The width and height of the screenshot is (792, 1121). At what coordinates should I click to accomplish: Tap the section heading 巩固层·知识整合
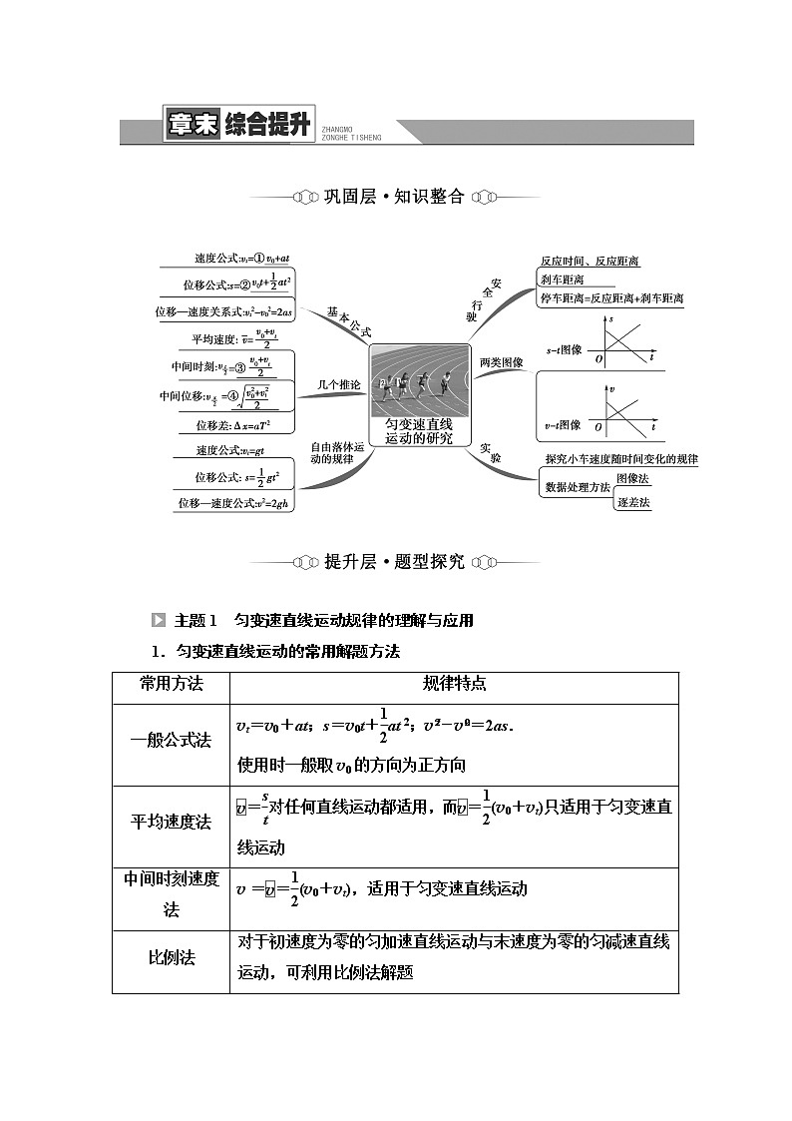coord(394,197)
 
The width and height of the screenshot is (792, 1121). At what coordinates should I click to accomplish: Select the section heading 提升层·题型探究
coord(394,562)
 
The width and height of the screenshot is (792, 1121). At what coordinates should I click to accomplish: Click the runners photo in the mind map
coord(419,380)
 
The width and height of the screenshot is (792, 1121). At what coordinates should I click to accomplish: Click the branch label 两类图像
coord(501,362)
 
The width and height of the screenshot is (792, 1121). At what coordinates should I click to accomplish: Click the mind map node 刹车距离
coord(562,280)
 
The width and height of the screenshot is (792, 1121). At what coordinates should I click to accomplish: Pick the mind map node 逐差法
coord(632,502)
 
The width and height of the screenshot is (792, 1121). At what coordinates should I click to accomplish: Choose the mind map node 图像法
coord(632,479)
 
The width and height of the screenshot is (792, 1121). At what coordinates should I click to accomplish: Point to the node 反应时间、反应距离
coord(590,262)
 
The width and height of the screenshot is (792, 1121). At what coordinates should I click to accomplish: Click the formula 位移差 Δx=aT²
coord(232,425)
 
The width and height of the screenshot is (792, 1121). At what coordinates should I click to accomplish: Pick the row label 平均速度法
coord(171,822)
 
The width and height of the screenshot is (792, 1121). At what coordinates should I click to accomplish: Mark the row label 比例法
coord(171,957)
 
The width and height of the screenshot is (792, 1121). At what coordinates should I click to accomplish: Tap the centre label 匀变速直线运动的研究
coord(419,430)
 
